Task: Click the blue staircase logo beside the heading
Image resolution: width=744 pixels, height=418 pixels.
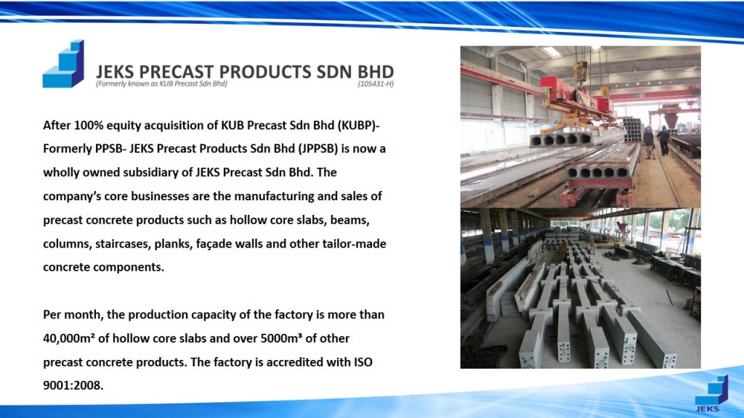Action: (x=63, y=64)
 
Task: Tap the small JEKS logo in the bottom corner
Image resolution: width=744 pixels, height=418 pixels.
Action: (x=711, y=394)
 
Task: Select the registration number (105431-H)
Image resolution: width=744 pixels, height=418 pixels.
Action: (x=376, y=84)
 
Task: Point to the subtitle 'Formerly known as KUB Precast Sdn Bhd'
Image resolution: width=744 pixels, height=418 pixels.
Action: (x=162, y=84)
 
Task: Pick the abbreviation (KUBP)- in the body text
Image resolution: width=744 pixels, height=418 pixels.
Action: (x=359, y=125)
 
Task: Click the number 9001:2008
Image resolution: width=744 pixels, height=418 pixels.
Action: (x=73, y=385)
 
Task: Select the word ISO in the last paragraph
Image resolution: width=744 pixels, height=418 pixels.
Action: (x=363, y=362)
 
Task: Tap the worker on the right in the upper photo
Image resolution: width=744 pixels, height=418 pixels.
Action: (x=663, y=141)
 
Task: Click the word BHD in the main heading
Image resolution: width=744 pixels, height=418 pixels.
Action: (x=376, y=72)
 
